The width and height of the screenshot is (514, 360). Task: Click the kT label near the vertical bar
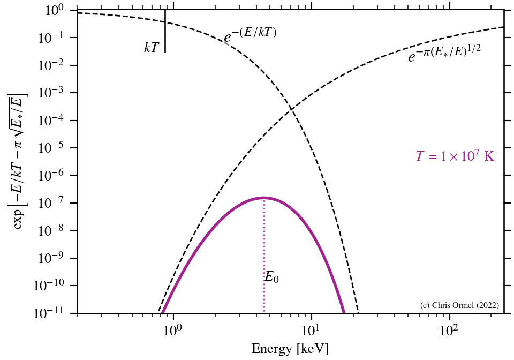point(152,48)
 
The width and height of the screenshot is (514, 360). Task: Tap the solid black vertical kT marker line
point(165,32)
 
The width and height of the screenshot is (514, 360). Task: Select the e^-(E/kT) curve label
point(250,35)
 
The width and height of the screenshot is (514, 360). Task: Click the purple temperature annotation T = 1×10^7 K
point(455,156)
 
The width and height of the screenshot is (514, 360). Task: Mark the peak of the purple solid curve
point(264,198)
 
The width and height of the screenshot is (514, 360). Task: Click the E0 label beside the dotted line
point(271,277)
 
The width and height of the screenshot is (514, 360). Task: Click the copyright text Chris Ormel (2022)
point(460,305)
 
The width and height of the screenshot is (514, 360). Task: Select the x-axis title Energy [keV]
point(290,349)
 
